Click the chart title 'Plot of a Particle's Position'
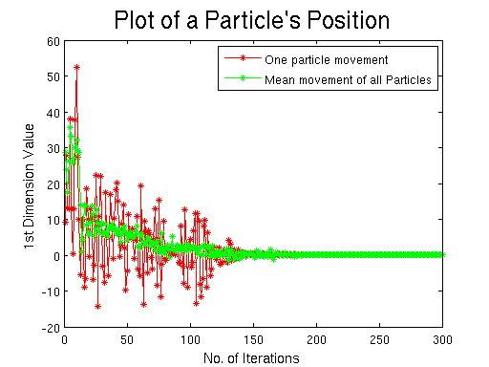pyautogui.click(x=252, y=20)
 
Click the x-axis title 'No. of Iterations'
pyautogui.click(x=251, y=358)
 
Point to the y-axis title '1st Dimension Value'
pyautogui.click(x=29, y=186)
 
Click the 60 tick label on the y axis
pyautogui.click(x=53, y=41)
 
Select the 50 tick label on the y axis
pyautogui.click(x=53, y=76)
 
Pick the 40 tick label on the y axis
pyautogui.click(x=53, y=113)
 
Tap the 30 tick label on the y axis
pyautogui.click(x=53, y=148)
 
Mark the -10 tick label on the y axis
pyautogui.click(x=51, y=291)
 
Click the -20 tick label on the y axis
pyautogui.click(x=51, y=328)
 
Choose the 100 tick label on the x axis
pyautogui.click(x=190, y=340)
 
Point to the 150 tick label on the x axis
pyautogui.click(x=253, y=340)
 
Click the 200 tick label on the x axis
pyautogui.click(x=316, y=340)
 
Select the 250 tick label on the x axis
pyautogui.click(x=379, y=340)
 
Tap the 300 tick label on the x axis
pyautogui.click(x=442, y=340)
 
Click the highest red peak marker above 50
pyautogui.click(x=76, y=67)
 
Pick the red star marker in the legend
pyautogui.click(x=243, y=58)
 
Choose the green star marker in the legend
pyautogui.click(x=243, y=77)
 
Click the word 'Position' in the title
pyautogui.click(x=348, y=20)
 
